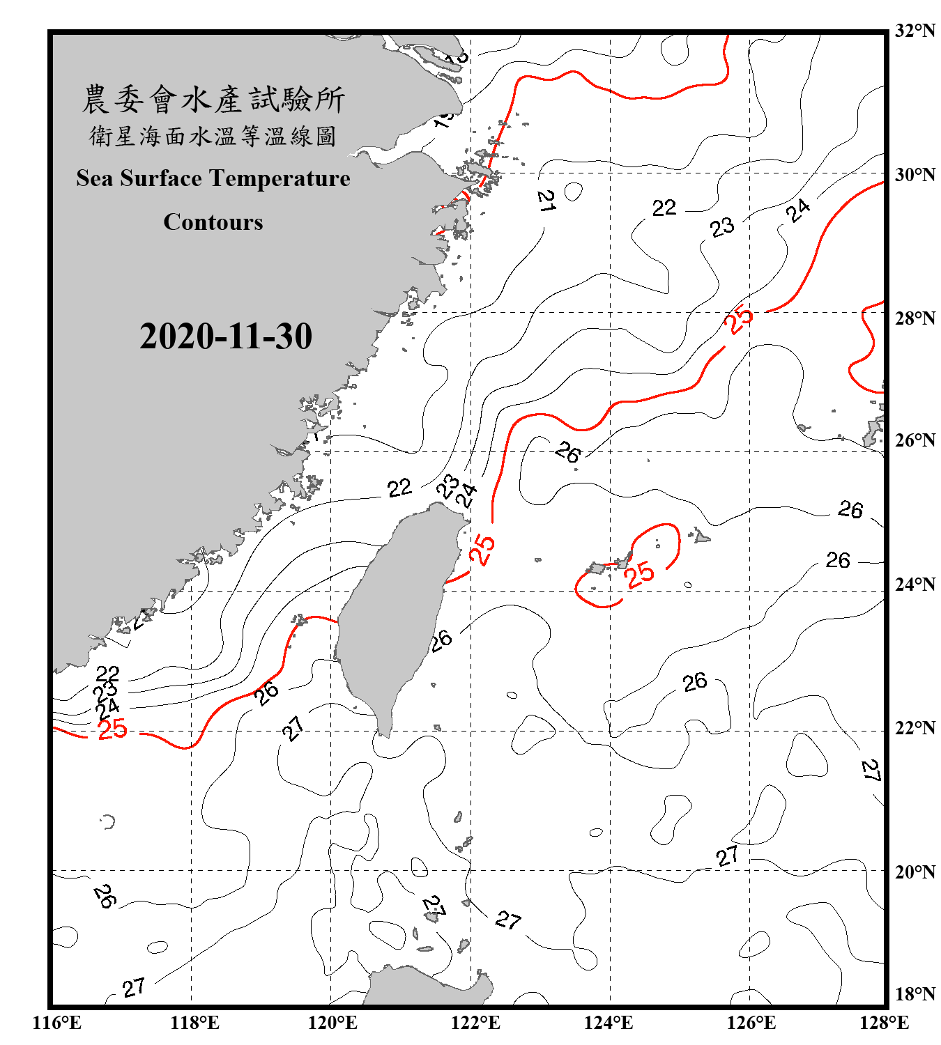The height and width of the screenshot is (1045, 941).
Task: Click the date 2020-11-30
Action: point(226,336)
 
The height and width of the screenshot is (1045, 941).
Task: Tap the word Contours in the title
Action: point(213,222)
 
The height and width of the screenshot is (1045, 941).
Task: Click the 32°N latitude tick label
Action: point(915,31)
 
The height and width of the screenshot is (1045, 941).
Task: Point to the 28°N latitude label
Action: point(915,318)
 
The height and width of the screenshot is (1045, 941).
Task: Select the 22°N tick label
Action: point(915,728)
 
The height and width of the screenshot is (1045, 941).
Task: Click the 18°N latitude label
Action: point(915,994)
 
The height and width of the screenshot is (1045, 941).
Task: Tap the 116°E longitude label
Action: point(56,1023)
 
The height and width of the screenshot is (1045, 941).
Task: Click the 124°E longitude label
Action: point(609,1023)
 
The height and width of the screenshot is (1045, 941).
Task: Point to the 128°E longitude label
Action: point(884,1023)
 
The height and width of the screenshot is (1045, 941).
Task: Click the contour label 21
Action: point(546,201)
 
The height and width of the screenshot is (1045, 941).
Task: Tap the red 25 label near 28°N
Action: point(738,319)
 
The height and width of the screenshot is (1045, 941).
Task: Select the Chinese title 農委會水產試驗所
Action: point(213,100)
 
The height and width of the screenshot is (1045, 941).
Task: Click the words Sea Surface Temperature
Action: point(213,178)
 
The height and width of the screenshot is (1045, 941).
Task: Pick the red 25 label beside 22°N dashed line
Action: point(112,729)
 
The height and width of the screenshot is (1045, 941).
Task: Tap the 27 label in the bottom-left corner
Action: point(134,987)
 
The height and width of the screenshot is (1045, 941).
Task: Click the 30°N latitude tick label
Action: point(915,175)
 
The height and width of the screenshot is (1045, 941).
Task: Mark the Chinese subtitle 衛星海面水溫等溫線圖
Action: point(213,137)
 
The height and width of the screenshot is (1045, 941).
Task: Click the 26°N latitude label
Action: point(915,440)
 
